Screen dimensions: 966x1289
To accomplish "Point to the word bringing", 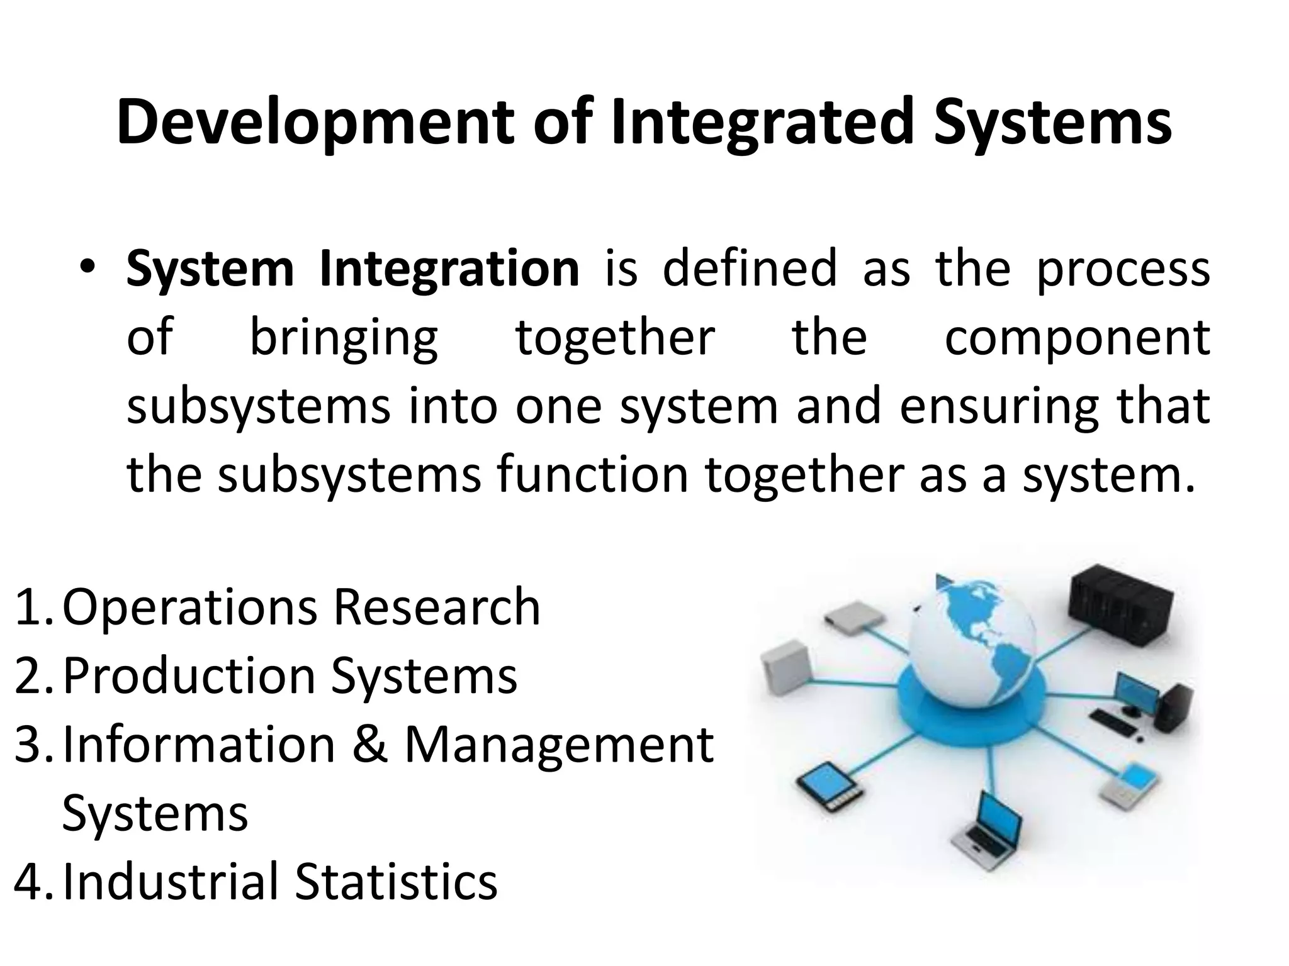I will pos(344,338).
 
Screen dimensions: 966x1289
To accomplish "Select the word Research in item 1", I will pos(437,607).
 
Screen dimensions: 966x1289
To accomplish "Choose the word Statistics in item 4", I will pos(397,881).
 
